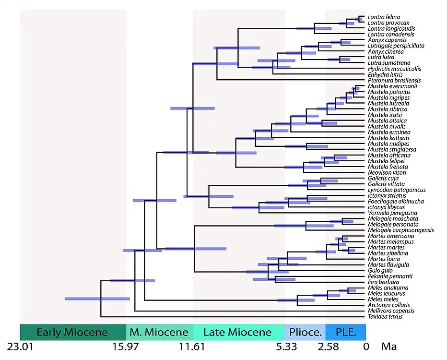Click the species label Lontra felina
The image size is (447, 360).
[383, 17]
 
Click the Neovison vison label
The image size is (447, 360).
[387, 172]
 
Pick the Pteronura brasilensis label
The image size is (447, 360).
[394, 80]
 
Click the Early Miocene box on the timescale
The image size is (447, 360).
[72, 332]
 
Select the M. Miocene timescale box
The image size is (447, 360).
[159, 332]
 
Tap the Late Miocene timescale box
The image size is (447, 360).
[238, 332]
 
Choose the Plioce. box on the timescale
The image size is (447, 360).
[305, 332]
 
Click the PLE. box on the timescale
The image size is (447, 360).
[345, 332]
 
